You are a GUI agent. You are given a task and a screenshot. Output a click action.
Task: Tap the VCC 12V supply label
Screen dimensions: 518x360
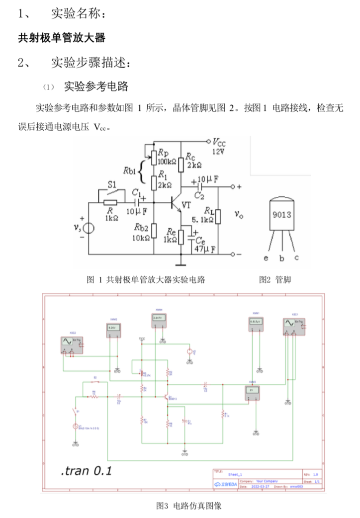click(x=219, y=145)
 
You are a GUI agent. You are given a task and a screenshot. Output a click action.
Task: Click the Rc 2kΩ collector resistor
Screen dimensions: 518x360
click(x=182, y=160)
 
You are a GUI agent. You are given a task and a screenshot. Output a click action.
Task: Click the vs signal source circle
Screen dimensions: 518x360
click(x=88, y=228)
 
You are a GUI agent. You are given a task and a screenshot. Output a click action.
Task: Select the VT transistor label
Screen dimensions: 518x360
click(x=186, y=204)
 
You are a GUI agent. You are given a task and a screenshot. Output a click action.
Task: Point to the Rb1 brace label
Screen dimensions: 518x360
click(x=130, y=172)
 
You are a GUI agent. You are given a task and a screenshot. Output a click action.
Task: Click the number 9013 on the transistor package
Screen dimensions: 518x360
click(x=281, y=215)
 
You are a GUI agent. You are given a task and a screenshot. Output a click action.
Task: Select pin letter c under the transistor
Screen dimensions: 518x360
click(x=296, y=258)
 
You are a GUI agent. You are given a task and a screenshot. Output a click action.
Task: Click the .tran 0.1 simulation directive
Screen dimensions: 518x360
click(x=86, y=470)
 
